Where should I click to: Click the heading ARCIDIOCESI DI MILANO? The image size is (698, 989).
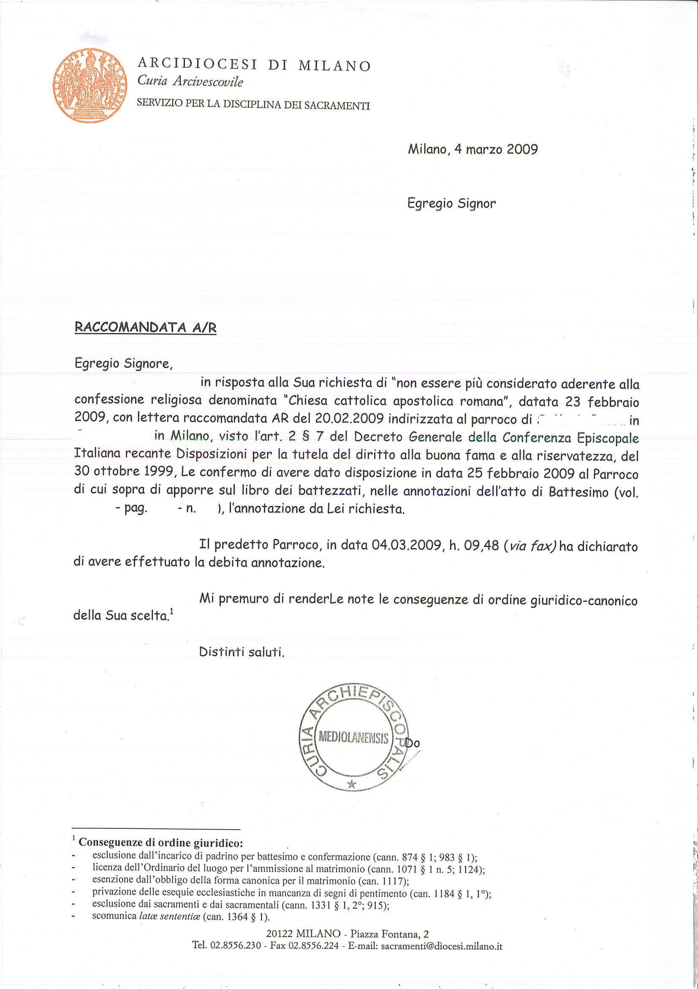click(x=254, y=65)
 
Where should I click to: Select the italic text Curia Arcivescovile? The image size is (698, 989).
click(x=190, y=82)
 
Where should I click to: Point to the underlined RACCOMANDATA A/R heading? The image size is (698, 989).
click(x=145, y=328)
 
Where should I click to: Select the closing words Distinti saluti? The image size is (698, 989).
click(x=242, y=652)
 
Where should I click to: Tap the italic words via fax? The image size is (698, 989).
click(x=532, y=546)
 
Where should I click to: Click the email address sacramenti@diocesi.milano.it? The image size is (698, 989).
click(x=442, y=946)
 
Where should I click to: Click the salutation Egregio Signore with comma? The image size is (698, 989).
click(x=124, y=363)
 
